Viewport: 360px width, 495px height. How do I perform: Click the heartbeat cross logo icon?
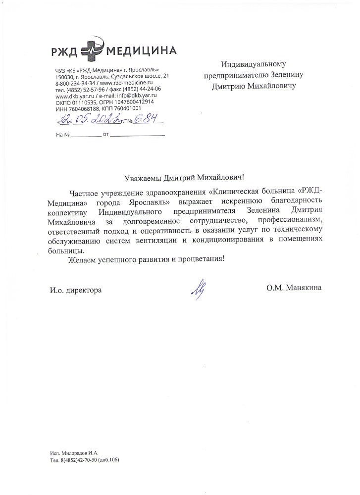point(93,49)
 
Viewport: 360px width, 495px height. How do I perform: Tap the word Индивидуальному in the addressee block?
point(254,64)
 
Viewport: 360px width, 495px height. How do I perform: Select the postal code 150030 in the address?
point(65,77)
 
